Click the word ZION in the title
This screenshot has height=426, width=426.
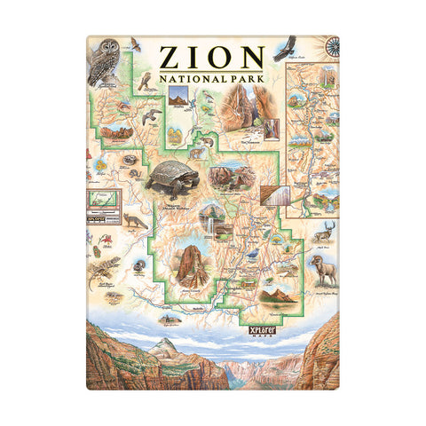point(211,57)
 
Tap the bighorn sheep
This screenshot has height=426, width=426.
point(321,267)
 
